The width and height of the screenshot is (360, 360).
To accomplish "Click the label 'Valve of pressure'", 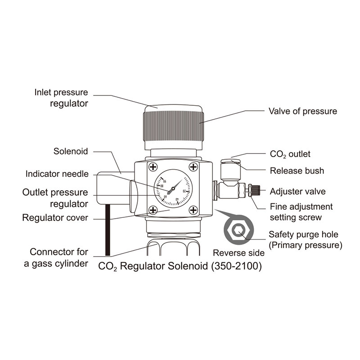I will point(302,111).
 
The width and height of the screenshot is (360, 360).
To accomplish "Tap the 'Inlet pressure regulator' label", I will point(61,98).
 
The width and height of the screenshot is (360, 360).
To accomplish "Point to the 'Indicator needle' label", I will point(57,174).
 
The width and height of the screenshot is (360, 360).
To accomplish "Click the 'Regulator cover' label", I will point(55,218).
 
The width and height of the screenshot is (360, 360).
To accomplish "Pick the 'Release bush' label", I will point(297,171).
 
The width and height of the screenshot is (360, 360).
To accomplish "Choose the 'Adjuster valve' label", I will point(297,191).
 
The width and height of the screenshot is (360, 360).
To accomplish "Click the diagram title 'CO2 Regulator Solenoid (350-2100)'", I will point(180,265).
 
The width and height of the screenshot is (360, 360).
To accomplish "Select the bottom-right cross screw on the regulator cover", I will point(193,210).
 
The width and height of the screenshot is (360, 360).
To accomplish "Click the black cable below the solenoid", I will point(108,229).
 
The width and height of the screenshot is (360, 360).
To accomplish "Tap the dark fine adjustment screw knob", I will point(255,190).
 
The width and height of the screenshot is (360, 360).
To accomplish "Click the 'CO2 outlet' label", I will point(290,154).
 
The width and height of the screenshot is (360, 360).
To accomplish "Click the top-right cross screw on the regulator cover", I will point(193,167).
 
